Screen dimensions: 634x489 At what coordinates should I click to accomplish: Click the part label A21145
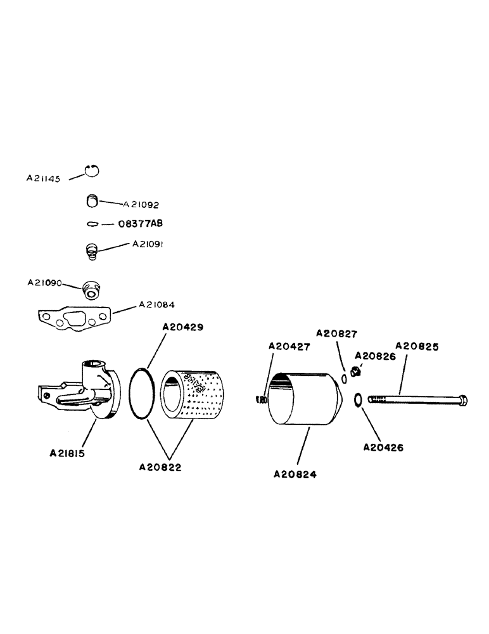coord(43,179)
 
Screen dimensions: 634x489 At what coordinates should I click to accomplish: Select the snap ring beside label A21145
coord(93,171)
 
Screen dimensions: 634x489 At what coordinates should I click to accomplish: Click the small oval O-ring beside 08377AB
coord(92,224)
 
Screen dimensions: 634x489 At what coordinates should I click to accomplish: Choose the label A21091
coord(148,243)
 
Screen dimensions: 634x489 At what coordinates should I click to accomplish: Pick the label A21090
coord(44,283)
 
